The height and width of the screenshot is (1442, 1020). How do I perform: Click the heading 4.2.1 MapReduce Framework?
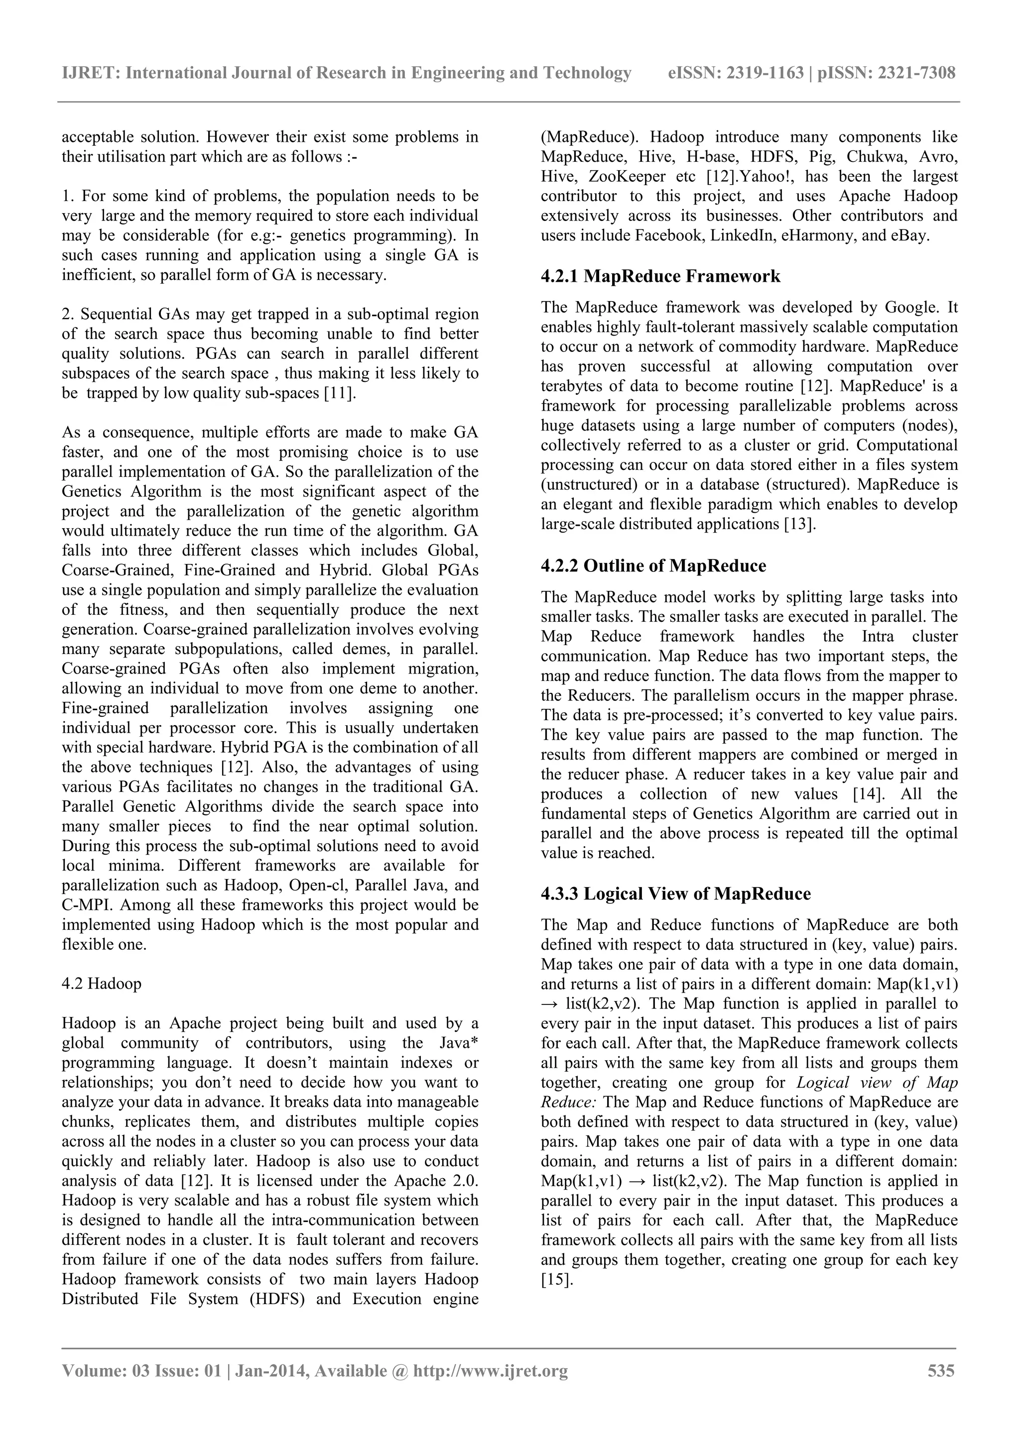[660, 276]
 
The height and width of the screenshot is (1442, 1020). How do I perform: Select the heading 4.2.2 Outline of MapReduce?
[653, 566]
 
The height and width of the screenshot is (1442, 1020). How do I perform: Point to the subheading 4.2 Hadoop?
[102, 983]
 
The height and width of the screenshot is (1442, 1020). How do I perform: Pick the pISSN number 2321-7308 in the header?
[916, 74]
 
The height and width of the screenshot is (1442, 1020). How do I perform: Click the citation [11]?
[340, 393]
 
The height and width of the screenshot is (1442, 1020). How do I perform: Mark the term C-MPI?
[83, 905]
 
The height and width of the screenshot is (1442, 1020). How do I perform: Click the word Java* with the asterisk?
[458, 1043]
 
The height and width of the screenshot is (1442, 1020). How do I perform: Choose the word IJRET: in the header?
[91, 74]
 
